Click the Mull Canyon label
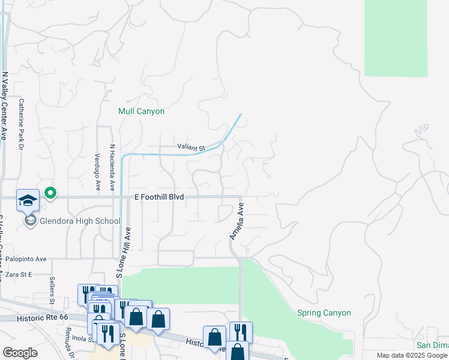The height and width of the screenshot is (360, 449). pos(141,112)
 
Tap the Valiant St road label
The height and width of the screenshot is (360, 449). pos(191,147)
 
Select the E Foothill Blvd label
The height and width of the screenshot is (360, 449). pos(158,197)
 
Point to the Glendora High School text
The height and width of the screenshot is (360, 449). pos(80,221)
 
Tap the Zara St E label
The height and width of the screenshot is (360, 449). pos(18,274)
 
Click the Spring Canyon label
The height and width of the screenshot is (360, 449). pos(324,313)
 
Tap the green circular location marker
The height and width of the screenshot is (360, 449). pos(50,193)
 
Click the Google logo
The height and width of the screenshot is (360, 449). pos(20,353)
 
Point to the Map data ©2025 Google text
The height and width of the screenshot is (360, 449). pos(412,355)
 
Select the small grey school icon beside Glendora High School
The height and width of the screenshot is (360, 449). pos(30,221)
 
